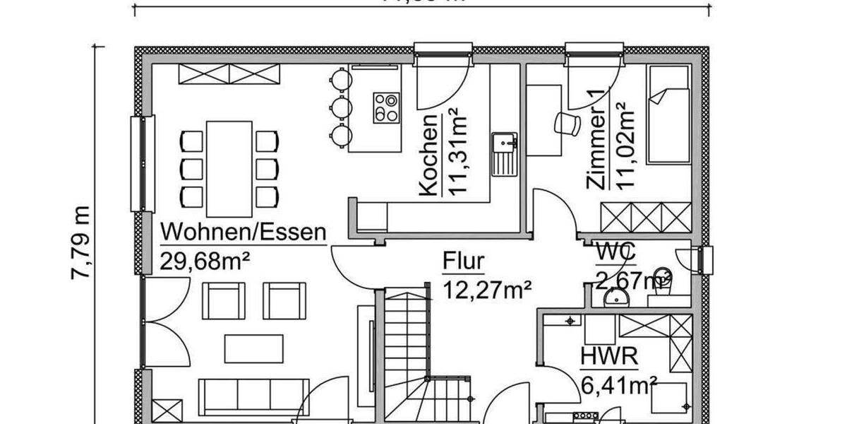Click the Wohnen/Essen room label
(244, 232)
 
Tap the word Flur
(464, 261)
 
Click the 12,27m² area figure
(486, 288)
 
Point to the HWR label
(609, 357)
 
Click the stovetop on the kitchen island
(386, 108)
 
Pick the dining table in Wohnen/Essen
(229, 168)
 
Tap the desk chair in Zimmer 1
(566, 123)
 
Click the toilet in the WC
(661, 277)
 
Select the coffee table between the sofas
(254, 348)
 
